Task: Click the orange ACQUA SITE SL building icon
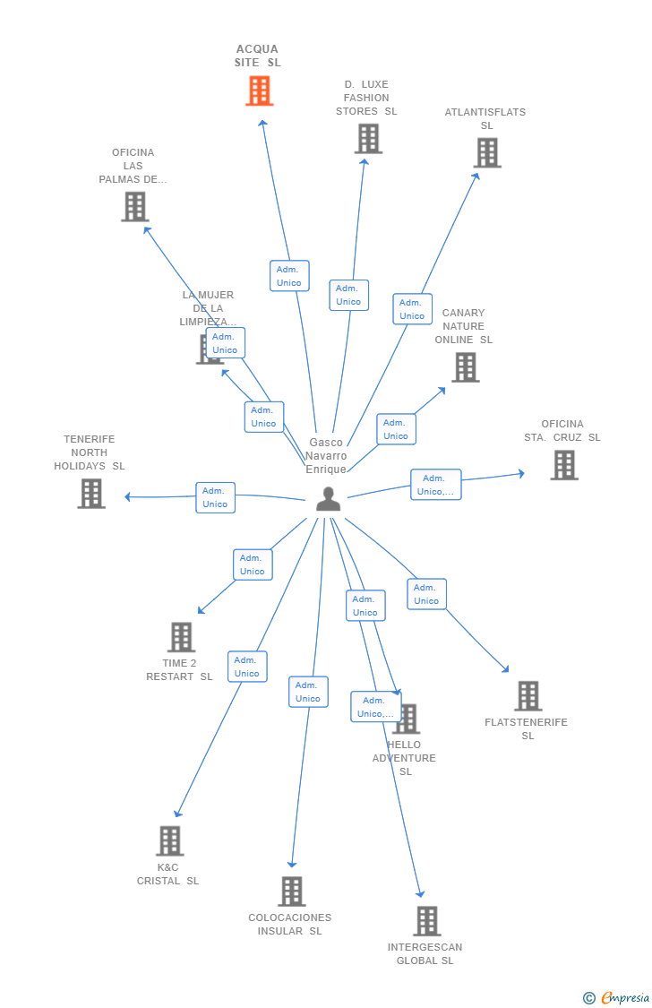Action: coord(260,90)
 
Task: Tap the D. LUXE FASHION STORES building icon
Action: coord(369,139)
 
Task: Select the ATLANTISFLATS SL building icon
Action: coord(487,153)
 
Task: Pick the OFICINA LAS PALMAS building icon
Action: coord(135,207)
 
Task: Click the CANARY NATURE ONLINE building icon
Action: coord(466,367)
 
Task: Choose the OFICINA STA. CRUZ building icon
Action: coord(564,465)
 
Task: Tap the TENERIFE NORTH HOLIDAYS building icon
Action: coord(91,494)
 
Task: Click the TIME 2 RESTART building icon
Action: coord(181,637)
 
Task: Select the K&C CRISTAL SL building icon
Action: coord(170,840)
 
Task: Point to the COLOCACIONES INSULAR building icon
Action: coord(292,892)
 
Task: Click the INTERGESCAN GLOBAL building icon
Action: coord(427,921)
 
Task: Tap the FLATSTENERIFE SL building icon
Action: coord(528,696)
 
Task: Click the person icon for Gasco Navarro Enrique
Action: coord(329,499)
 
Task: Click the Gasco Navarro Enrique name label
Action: coord(326,456)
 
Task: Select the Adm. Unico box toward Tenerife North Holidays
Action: coord(215,497)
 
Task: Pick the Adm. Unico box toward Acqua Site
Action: coord(289,276)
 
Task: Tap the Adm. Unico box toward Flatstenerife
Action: coord(426,594)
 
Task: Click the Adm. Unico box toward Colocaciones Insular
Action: coord(308,692)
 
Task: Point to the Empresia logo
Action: coord(616,998)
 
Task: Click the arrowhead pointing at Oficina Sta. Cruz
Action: coord(521,474)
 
